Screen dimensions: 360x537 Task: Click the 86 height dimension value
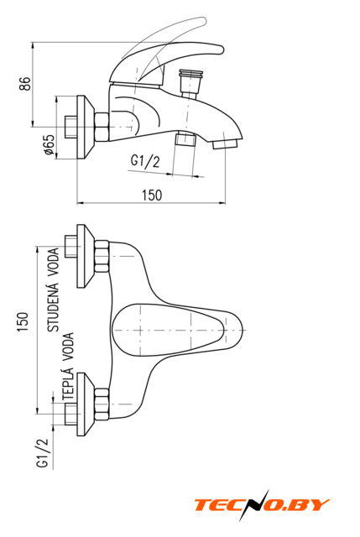[x=24, y=84]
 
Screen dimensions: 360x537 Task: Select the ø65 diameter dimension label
[x=50, y=144]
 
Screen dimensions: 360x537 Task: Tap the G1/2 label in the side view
[x=145, y=161]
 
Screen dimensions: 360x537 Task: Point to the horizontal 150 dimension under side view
[x=152, y=196]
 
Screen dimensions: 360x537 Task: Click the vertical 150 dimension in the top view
[x=23, y=321]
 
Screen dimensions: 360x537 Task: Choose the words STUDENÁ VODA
[x=53, y=289]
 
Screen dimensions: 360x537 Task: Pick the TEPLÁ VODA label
[x=68, y=366]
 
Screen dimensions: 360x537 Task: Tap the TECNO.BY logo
[x=262, y=505]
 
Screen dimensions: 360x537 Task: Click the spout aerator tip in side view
[x=225, y=143]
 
